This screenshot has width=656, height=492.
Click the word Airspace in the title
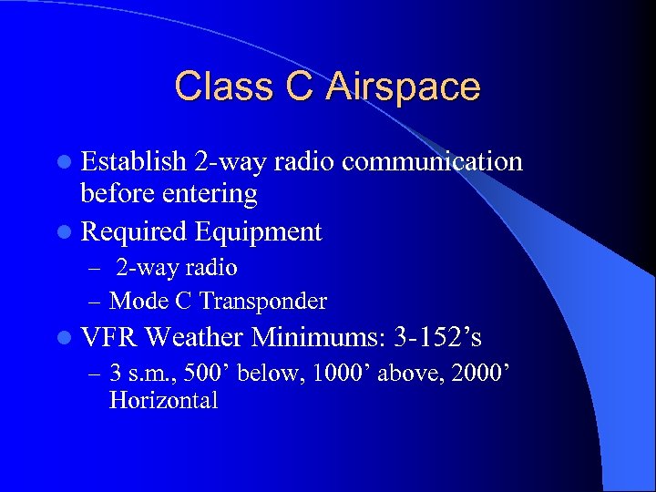tap(404, 87)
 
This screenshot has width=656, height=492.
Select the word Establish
tap(134, 162)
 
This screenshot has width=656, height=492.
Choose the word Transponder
tap(263, 301)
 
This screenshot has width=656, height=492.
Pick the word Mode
tap(137, 301)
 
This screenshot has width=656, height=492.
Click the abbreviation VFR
tap(108, 338)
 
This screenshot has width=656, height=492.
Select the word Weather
tap(194, 338)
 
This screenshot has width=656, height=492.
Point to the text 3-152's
tap(438, 338)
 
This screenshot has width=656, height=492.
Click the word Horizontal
tap(163, 401)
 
